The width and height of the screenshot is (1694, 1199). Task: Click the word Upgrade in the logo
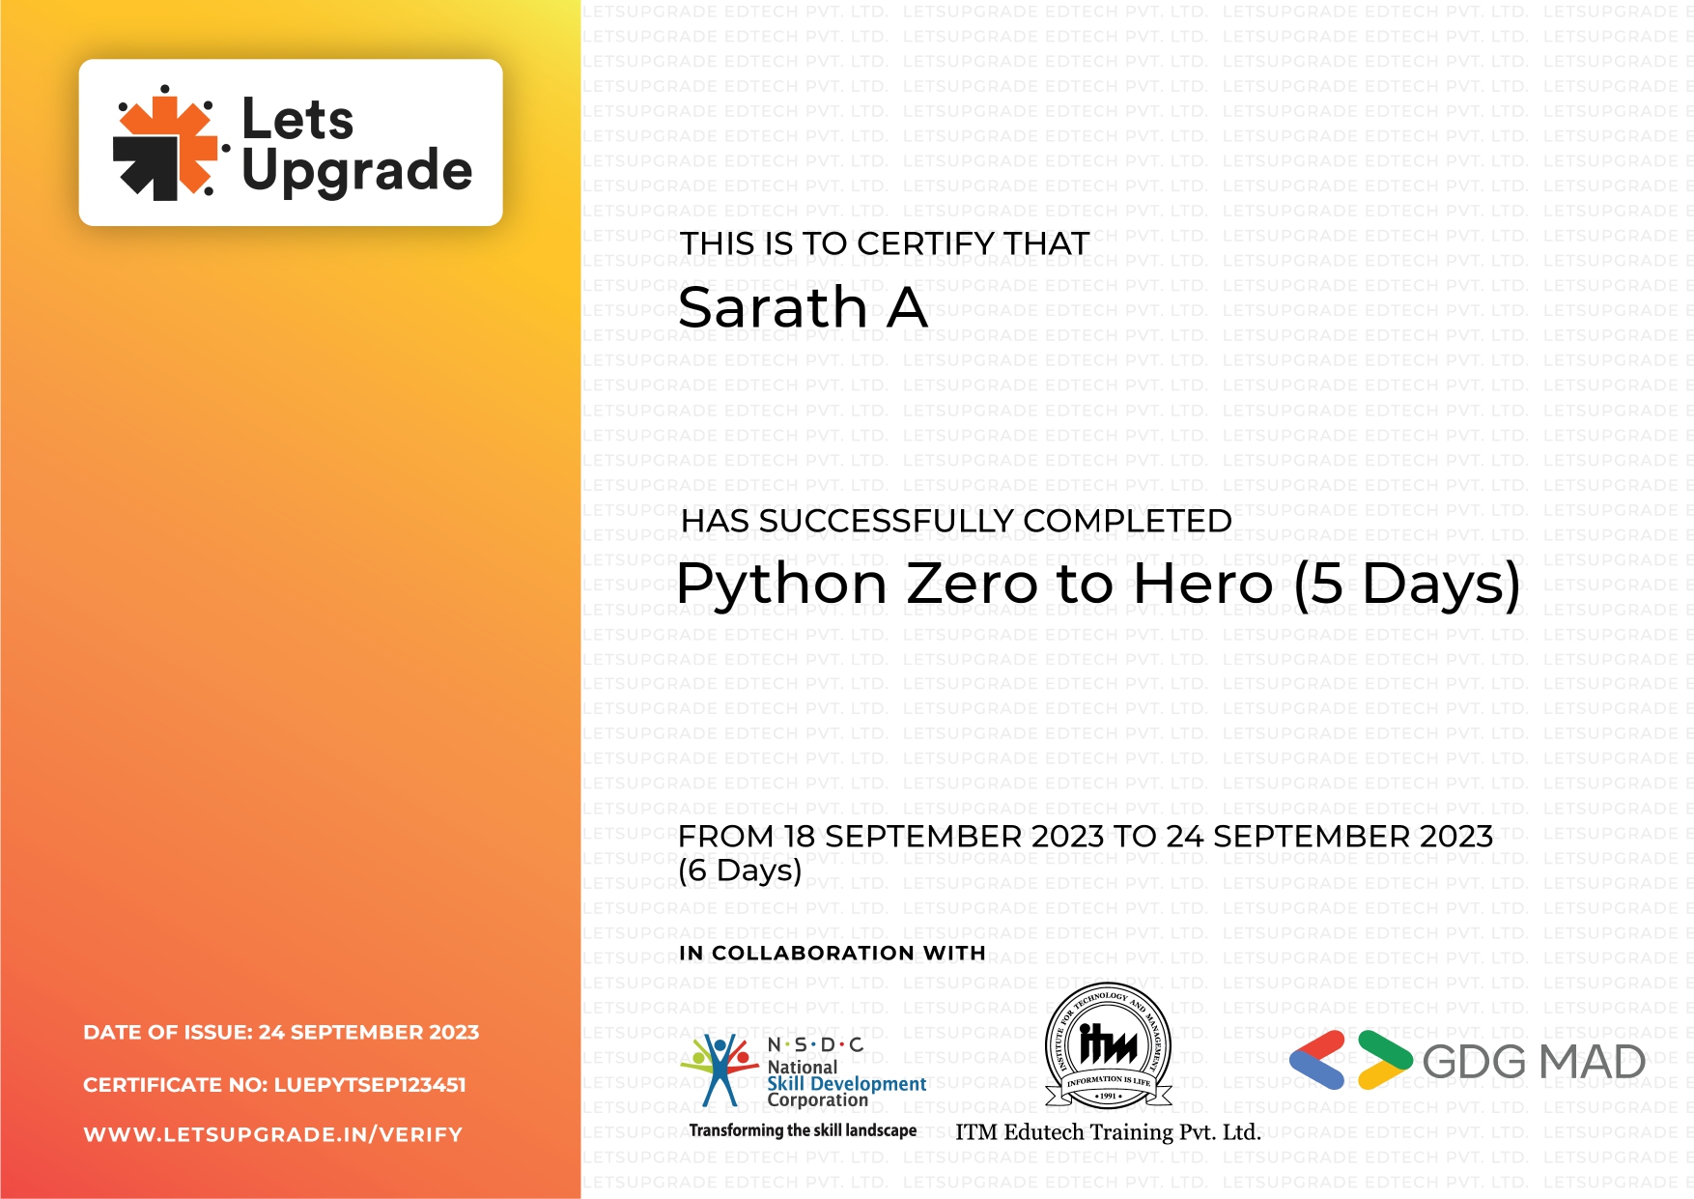pyautogui.click(x=356, y=170)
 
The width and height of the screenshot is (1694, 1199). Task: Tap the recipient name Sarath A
pyautogui.click(x=803, y=307)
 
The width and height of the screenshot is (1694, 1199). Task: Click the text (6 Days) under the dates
pyautogui.click(x=740, y=871)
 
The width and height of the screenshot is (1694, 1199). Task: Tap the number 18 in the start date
pyautogui.click(x=799, y=837)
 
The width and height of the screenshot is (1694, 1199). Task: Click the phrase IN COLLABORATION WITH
pyautogui.click(x=833, y=953)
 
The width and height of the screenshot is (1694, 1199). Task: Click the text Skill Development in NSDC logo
pyautogui.click(x=846, y=1084)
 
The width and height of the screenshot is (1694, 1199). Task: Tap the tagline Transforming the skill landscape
pyautogui.click(x=803, y=1130)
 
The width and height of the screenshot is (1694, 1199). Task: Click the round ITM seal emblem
pyautogui.click(x=1109, y=1044)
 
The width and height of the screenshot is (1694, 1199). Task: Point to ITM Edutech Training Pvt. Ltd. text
pyautogui.click(x=1109, y=1132)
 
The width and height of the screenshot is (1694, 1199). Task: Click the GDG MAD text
pyautogui.click(x=1534, y=1062)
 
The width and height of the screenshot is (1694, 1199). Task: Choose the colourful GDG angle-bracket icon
pyautogui.click(x=1351, y=1060)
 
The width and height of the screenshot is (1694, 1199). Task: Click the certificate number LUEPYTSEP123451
pyautogui.click(x=370, y=1085)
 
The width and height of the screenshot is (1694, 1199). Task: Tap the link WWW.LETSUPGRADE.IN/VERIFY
pyautogui.click(x=273, y=1135)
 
